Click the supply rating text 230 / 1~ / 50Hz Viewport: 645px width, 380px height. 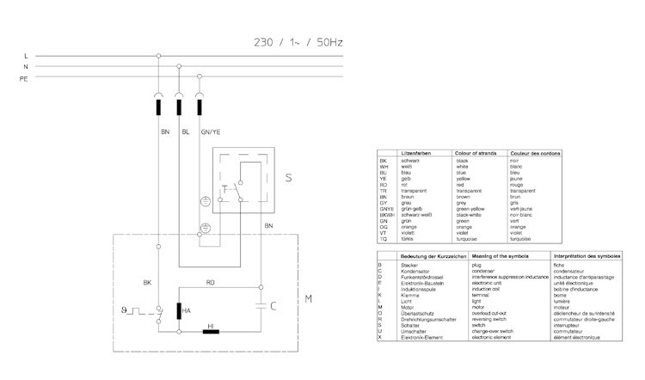[298, 40]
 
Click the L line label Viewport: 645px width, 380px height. [27, 56]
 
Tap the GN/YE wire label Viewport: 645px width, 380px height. [212, 133]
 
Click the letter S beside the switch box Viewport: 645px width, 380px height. [288, 178]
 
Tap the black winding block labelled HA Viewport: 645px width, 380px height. [180, 310]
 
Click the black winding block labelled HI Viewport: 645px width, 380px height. [211, 331]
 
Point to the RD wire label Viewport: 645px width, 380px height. [211, 282]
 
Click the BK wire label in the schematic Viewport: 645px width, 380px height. [148, 282]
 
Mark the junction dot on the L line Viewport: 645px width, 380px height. [158, 56]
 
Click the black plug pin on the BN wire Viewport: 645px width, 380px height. [158, 107]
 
